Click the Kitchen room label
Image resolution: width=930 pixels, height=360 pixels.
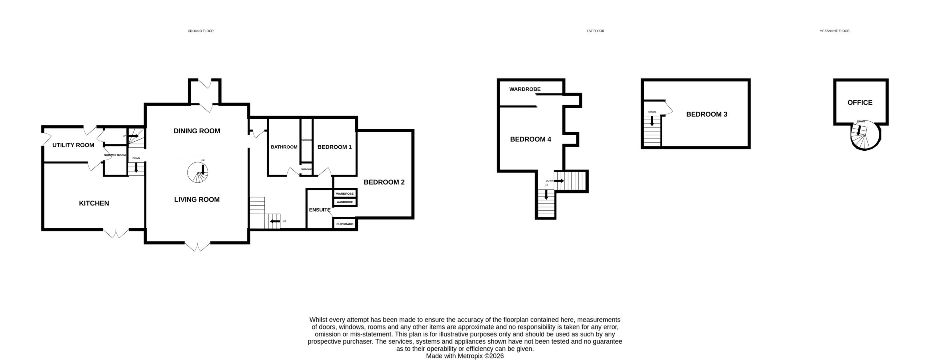94,203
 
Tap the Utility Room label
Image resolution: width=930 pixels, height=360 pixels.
73,145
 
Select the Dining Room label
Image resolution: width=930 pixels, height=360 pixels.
197,131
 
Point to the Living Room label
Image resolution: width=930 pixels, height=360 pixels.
197,199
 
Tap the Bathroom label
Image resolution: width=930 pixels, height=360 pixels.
284,147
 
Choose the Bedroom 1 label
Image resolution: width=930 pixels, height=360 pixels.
334,147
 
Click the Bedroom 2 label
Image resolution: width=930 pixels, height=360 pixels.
384,182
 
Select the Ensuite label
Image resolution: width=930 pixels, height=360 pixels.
320,210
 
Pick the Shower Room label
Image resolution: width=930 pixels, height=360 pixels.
115,155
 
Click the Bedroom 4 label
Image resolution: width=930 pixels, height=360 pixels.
530,139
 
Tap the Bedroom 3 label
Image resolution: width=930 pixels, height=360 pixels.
707,114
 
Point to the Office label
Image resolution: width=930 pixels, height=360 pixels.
860,102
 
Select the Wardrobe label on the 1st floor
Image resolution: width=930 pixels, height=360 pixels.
525,89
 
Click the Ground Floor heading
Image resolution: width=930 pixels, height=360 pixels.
201,31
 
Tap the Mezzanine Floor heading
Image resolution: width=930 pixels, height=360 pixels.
834,31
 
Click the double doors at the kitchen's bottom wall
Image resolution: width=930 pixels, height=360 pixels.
116,233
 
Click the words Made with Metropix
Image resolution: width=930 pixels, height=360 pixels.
454,356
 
